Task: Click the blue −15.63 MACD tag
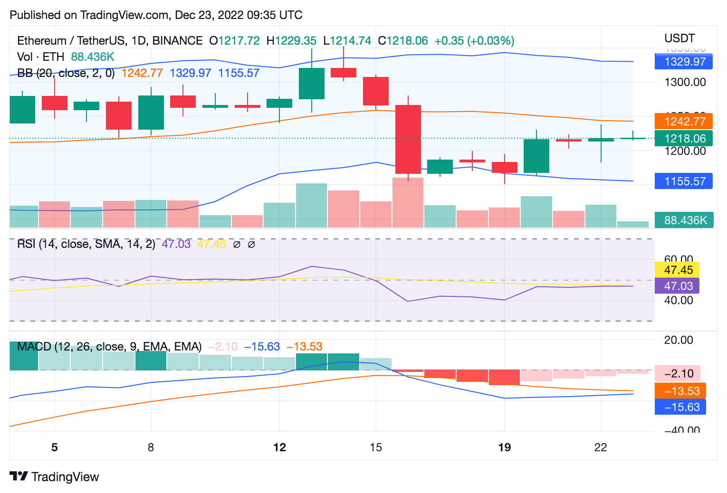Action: [680, 407]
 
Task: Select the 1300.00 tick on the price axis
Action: [685, 82]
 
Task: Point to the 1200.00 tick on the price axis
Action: [685, 151]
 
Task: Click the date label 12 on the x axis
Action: [280, 447]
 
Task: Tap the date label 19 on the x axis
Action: [505, 447]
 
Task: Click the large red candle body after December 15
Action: [408, 139]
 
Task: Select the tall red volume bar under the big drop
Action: [408, 203]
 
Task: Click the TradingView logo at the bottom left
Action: [54, 477]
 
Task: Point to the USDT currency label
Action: [679, 38]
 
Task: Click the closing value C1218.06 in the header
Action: [403, 41]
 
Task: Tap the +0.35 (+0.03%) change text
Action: [474, 41]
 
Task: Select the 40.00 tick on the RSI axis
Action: [679, 300]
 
